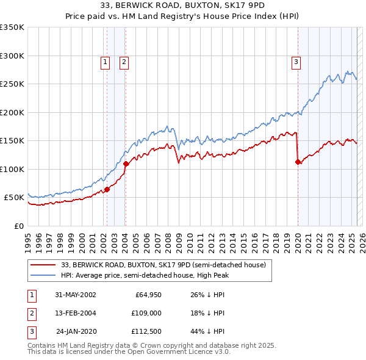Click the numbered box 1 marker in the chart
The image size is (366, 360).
(x=105, y=61)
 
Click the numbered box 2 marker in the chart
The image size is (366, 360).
(x=124, y=61)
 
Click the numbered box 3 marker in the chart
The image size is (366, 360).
(x=296, y=61)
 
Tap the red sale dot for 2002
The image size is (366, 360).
(x=107, y=189)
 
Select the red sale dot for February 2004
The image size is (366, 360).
(x=126, y=164)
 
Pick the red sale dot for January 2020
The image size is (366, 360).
(x=298, y=162)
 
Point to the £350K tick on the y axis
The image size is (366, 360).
(x=12, y=27)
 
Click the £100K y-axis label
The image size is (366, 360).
(x=12, y=169)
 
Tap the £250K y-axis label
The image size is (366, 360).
(x=12, y=84)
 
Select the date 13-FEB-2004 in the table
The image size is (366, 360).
(x=76, y=313)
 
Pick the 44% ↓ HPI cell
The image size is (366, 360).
(x=207, y=331)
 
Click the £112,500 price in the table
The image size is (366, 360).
(x=146, y=331)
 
